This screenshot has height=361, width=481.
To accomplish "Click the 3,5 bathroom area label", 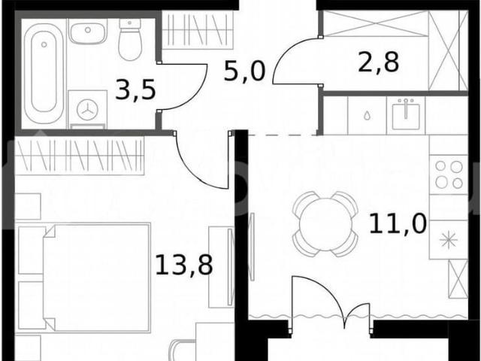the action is pos(135,90).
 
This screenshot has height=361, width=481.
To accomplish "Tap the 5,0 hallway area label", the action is pos(244,71).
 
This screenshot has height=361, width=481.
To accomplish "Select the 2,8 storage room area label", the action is pos(379,62).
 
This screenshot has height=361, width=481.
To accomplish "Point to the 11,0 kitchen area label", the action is pos(398,223).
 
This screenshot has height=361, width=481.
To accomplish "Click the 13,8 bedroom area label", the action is pos(184,265).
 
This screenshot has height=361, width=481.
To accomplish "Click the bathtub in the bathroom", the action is pos(44,74).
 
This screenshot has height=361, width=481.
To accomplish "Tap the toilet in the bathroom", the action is pos(130,39).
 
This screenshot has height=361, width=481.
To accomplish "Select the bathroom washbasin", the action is pos(88,32).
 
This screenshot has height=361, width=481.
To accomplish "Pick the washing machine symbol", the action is pos(88,110).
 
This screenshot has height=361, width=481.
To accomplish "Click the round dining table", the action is pos(325,224).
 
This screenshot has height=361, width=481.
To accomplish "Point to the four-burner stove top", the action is pos(449,174).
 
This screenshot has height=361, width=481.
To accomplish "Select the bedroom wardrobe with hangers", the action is pos(80,156).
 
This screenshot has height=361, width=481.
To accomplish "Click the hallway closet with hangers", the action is pos(198,30).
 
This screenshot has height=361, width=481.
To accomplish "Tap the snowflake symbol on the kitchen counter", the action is pos(449,240).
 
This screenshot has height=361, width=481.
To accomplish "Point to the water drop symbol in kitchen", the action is pos(367,116).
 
